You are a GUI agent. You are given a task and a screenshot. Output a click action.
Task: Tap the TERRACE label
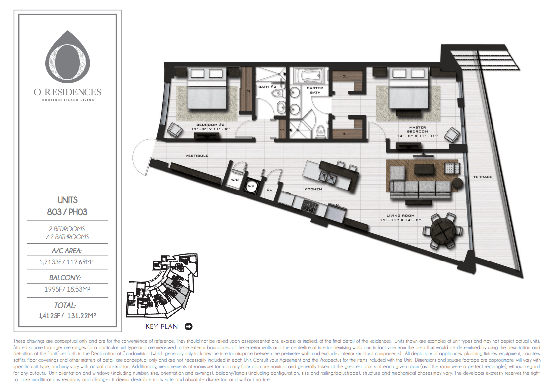[483, 177]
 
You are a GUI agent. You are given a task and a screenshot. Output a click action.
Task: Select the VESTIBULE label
[197, 156]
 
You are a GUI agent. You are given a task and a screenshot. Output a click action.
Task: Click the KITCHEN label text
[313, 189]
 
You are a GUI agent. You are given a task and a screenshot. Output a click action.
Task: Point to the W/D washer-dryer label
[235, 180]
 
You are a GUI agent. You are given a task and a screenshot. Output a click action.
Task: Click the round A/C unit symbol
[251, 185]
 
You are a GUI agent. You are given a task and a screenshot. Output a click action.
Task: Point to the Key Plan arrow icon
[188, 326]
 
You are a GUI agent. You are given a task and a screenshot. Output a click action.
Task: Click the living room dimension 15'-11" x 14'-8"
[400, 220]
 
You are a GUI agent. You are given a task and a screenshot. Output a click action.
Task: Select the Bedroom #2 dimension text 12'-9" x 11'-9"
[210, 130]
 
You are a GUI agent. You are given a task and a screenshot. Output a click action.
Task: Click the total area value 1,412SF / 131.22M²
[67, 315]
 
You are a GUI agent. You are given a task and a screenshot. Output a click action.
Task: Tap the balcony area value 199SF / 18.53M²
[67, 289]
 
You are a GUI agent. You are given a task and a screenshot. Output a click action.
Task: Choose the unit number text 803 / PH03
[67, 212]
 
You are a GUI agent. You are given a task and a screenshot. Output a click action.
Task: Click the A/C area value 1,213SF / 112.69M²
[67, 262]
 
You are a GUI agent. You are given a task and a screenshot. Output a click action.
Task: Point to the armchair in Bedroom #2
[175, 130]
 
